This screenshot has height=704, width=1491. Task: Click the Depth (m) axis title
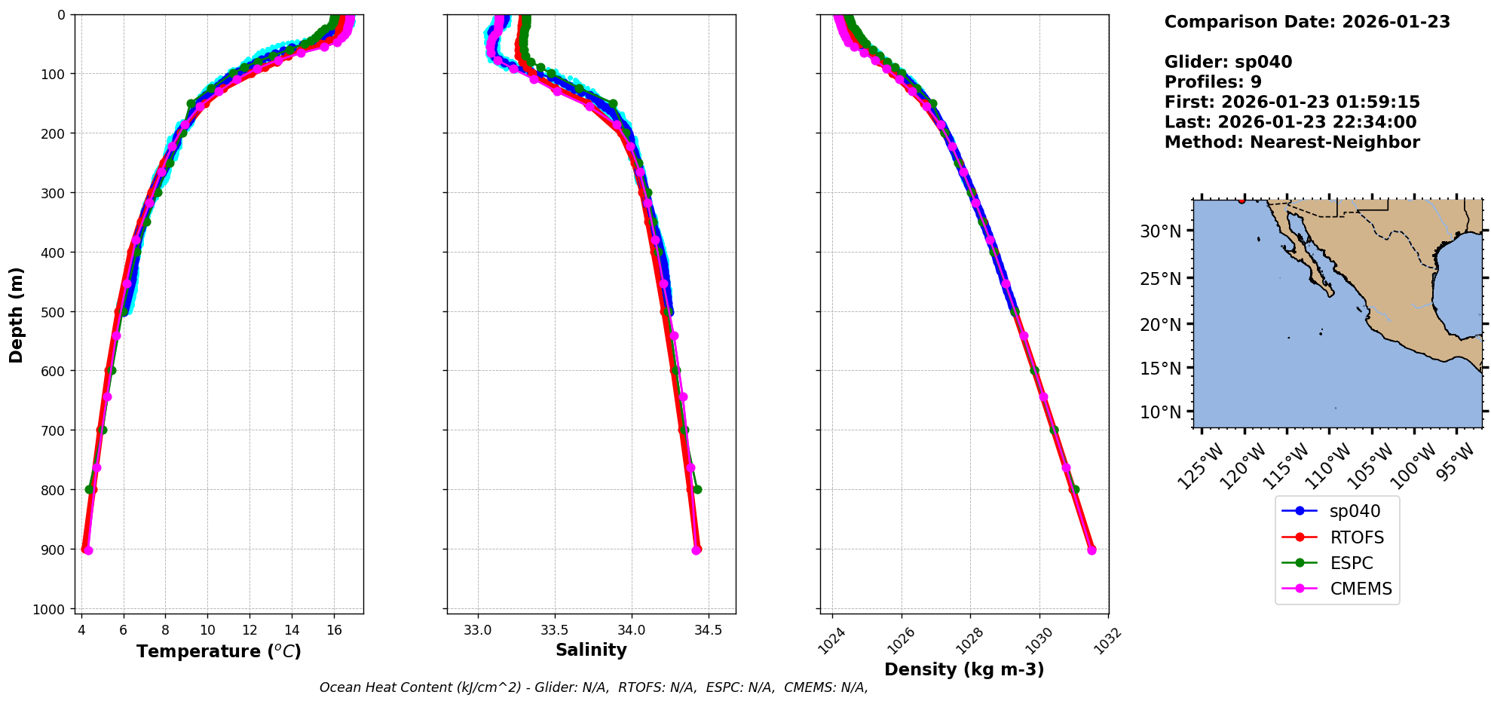pyautogui.click(x=17, y=314)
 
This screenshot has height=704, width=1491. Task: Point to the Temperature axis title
pyautogui.click(x=219, y=651)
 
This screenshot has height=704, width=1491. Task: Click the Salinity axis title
pyautogui.click(x=591, y=650)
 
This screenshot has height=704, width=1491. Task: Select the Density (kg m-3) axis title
pyautogui.click(x=963, y=669)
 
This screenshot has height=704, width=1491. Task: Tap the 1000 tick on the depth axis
pyautogui.click(x=49, y=609)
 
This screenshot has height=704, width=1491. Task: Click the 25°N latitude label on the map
pyautogui.click(x=1160, y=279)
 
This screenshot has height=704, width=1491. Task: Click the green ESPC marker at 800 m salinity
pyautogui.click(x=697, y=489)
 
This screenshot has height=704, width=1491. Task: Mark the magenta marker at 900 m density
pyautogui.click(x=1091, y=550)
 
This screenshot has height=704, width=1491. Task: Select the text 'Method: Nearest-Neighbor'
pyautogui.click(x=1291, y=142)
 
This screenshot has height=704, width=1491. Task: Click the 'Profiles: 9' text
pyautogui.click(x=1212, y=82)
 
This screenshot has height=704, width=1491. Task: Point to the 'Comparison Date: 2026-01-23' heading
pyautogui.click(x=1306, y=22)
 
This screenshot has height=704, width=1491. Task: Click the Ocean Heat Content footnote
pyautogui.click(x=593, y=687)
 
